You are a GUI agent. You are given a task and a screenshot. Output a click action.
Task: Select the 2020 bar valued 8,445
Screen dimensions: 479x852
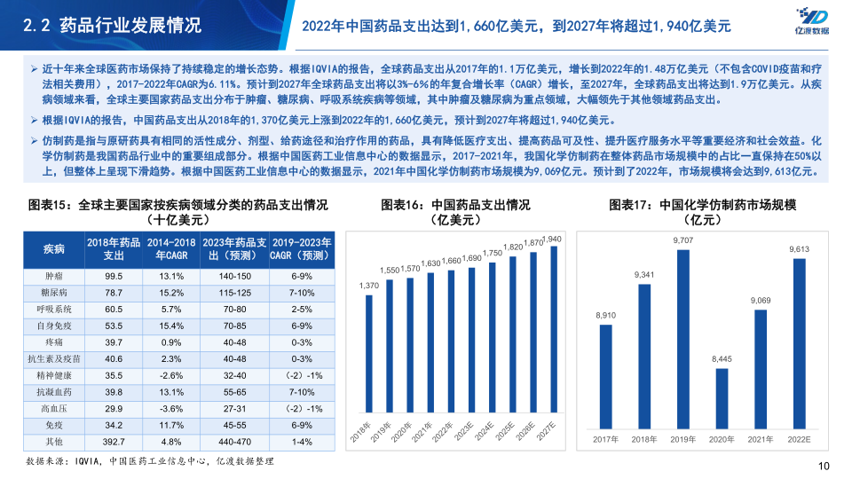(x=722, y=399)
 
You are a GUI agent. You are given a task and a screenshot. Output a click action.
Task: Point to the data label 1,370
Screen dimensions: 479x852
(x=369, y=285)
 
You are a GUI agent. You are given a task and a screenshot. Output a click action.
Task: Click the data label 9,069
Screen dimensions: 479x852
(x=760, y=301)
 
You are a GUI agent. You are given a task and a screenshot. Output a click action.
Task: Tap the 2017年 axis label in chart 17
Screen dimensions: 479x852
(x=604, y=439)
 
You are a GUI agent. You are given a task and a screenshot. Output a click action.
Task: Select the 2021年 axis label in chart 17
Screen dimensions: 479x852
(x=760, y=439)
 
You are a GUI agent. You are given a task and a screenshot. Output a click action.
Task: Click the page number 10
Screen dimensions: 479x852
(x=822, y=467)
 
